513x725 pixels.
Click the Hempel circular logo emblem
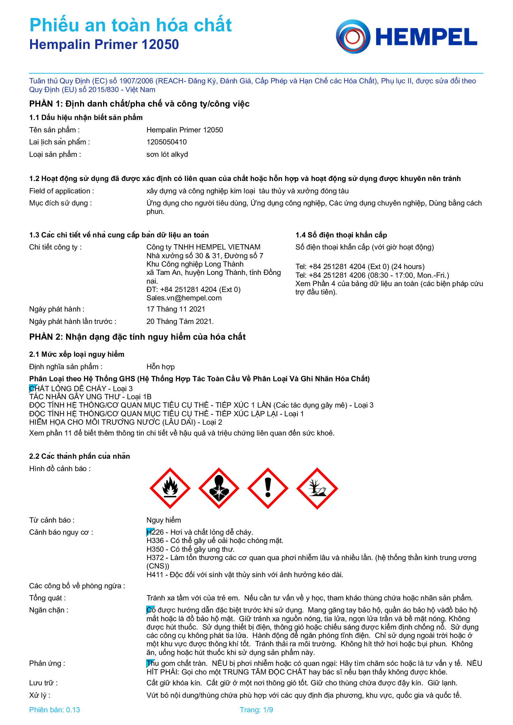point(353,37)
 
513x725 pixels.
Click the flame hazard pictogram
point(170,488)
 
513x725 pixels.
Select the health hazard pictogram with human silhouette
point(219,488)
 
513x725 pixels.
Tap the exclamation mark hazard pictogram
point(268,488)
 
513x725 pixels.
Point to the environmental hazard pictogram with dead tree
point(317,488)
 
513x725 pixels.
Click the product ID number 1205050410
point(167,142)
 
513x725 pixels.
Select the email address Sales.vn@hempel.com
point(184,298)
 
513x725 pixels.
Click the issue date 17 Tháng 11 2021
point(176,309)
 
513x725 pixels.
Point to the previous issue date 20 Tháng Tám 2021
point(180,321)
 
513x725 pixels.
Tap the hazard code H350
point(155,549)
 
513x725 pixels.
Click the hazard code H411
point(155,575)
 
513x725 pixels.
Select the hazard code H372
point(155,558)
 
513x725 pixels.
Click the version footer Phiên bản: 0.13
point(54,710)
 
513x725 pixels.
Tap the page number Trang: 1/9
point(256,710)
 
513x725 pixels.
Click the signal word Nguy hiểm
point(164,520)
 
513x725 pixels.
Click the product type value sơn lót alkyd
point(167,154)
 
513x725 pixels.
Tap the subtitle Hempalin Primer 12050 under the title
point(104,45)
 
